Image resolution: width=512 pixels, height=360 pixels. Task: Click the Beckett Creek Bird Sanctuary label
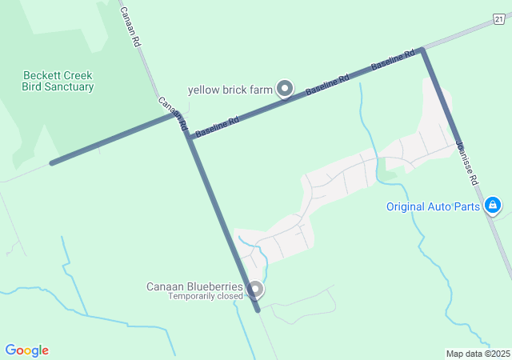click(x=58, y=81)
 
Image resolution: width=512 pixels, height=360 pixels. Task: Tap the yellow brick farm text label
click(x=230, y=90)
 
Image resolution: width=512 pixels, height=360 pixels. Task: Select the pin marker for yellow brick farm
click(x=285, y=88)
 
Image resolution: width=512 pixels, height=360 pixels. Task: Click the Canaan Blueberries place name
click(x=194, y=286)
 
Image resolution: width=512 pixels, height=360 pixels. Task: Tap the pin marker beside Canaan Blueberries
click(x=255, y=288)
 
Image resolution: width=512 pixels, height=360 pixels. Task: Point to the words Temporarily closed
click(x=205, y=297)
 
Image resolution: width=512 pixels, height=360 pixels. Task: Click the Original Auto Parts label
click(x=433, y=206)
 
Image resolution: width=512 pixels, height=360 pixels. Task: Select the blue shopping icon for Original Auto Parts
click(x=494, y=206)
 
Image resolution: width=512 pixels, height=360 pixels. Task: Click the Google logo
click(x=26, y=350)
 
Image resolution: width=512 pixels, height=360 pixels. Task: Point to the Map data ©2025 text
click(x=478, y=354)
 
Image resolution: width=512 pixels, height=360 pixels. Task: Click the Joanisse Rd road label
click(x=466, y=163)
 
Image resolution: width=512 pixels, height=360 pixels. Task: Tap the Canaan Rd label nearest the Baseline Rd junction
click(x=172, y=114)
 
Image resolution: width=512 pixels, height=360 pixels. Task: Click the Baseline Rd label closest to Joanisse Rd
click(x=393, y=61)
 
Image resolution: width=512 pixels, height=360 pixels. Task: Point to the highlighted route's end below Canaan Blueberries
click(x=258, y=310)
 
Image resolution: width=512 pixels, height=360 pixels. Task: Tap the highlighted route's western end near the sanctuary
click(x=52, y=163)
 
